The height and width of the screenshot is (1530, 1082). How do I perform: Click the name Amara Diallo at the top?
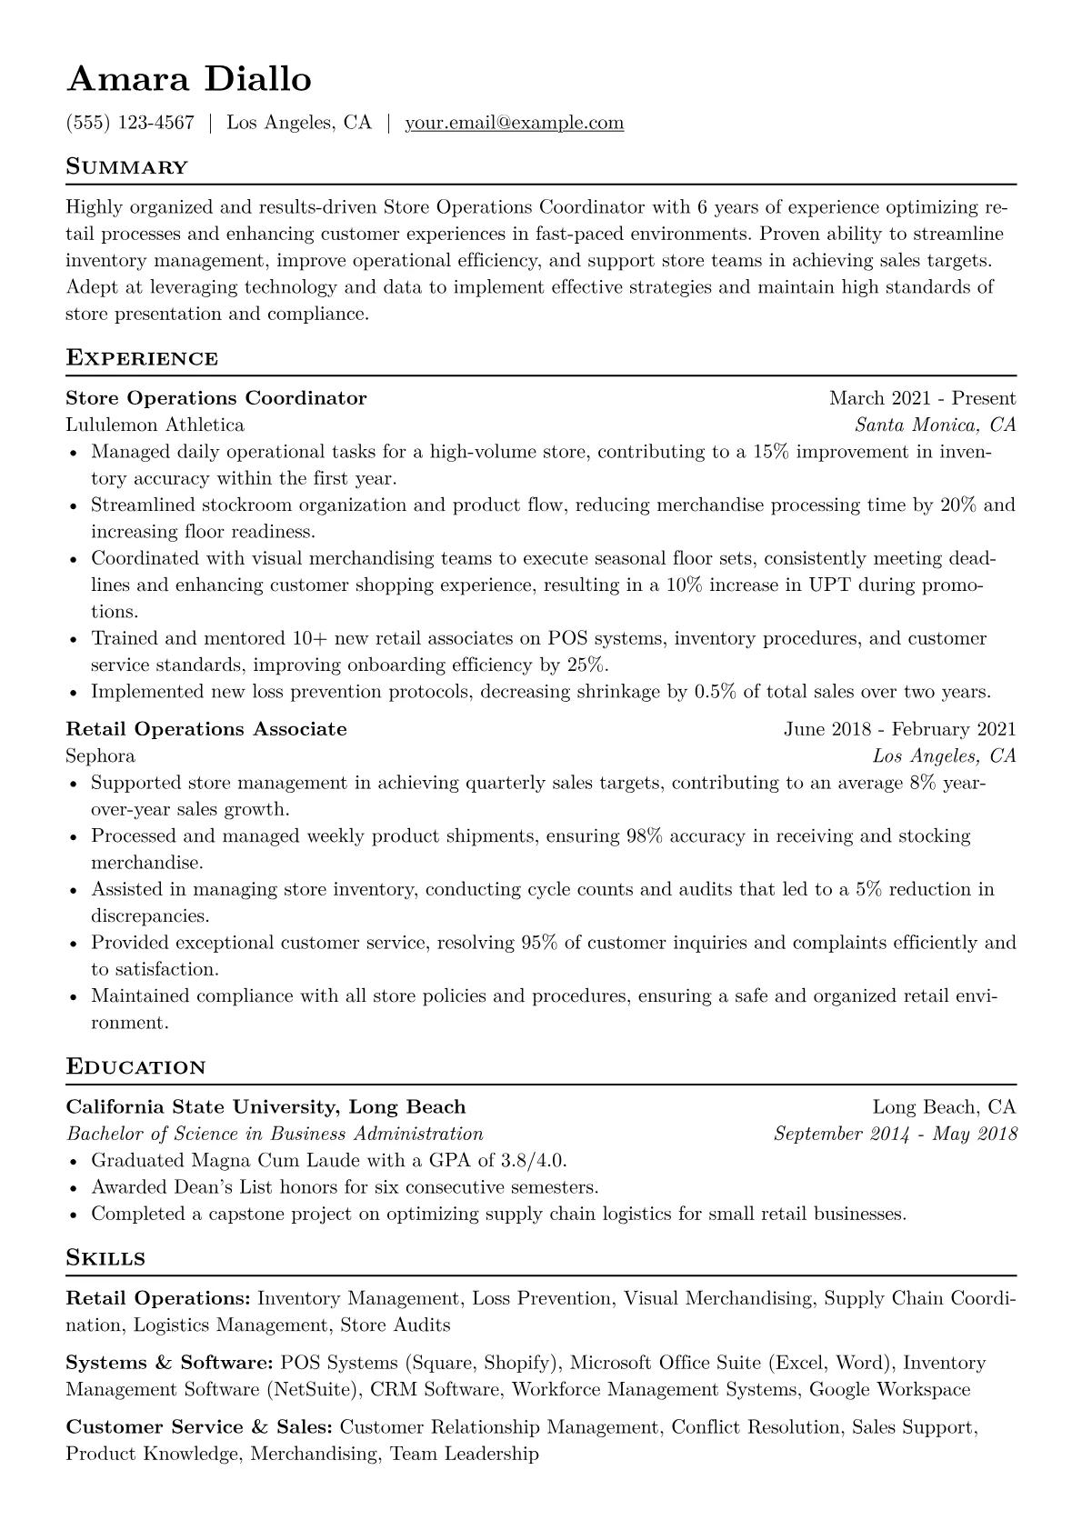coord(189,80)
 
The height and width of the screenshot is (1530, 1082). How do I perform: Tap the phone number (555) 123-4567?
coord(130,123)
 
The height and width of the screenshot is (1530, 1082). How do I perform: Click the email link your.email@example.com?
coord(515,123)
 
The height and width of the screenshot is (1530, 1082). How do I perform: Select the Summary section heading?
coord(127,167)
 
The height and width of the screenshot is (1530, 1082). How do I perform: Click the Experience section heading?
coord(142,358)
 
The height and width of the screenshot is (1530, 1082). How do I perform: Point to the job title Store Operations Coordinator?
coord(216,398)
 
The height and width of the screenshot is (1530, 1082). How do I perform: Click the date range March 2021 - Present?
coord(922,398)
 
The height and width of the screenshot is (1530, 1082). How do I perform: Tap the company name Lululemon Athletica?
coord(155,425)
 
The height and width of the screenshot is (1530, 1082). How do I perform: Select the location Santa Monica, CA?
coord(935,425)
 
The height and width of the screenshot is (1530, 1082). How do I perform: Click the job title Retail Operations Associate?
coord(206,729)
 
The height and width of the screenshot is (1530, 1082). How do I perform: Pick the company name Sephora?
coord(101,755)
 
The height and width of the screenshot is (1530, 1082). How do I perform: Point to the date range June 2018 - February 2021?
coord(899,729)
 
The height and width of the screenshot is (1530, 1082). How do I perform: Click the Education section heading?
coord(136,1066)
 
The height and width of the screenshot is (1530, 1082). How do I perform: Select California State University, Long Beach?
coord(265,1107)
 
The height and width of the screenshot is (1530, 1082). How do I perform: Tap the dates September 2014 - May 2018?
coord(895,1134)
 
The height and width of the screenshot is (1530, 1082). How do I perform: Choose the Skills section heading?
coord(105,1258)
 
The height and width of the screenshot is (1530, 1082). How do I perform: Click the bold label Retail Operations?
coord(158,1298)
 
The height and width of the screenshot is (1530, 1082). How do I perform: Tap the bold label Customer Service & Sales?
coord(199,1427)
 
